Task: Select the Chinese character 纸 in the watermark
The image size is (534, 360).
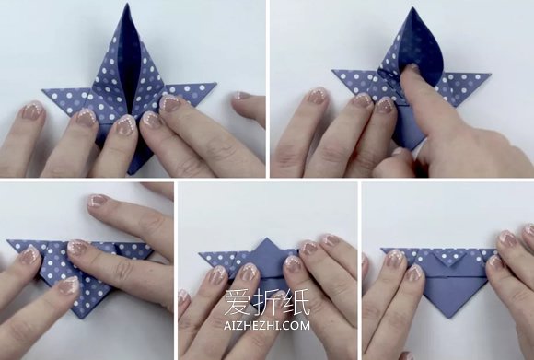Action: [x=296, y=302]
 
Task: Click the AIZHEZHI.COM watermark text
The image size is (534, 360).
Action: [x=267, y=325]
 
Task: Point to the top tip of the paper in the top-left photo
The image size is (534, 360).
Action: [x=127, y=4]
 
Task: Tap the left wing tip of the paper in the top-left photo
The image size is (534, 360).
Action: [x=42, y=90]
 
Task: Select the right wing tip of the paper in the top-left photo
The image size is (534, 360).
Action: [x=216, y=83]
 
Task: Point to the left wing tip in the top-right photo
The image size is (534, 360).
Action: [x=332, y=71]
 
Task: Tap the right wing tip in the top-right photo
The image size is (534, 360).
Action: [x=491, y=74]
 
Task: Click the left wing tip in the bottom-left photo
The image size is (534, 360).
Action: [x=7, y=241]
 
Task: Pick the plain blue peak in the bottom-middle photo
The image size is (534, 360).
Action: [x=266, y=251]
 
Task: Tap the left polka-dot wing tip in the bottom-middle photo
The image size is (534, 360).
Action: [x=199, y=253]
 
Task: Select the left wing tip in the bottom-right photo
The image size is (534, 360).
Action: [x=381, y=249]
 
